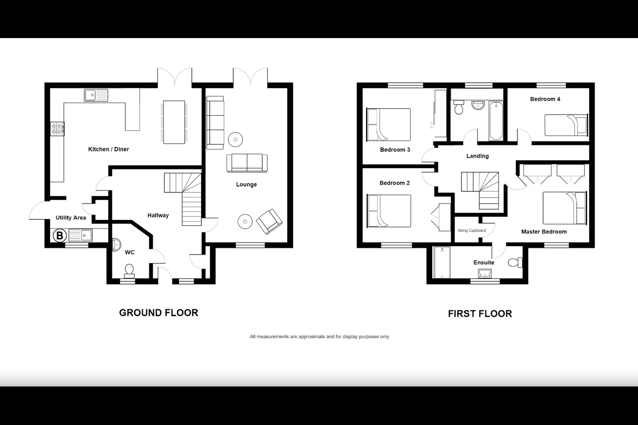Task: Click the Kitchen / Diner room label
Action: coord(109,149)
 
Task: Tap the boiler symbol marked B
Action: coord(59,236)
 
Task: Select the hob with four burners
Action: coord(58,129)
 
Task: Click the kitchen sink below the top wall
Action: coord(96,95)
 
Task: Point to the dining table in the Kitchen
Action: coord(174,122)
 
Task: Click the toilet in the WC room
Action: coord(129,270)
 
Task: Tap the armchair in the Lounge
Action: coord(269,221)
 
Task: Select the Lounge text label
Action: coord(246,185)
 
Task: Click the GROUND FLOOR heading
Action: coord(159,313)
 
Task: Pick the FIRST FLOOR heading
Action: coord(480,314)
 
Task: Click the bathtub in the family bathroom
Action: coord(496,120)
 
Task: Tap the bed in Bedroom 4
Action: coord(566,125)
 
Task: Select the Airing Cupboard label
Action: coord(471,230)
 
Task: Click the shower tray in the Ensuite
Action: coord(442,263)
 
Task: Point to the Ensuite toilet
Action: coord(514,263)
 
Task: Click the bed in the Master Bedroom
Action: coord(564,208)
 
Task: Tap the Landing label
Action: coord(477,156)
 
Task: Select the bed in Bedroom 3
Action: coord(389,124)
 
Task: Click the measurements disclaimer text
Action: coord(319,336)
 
